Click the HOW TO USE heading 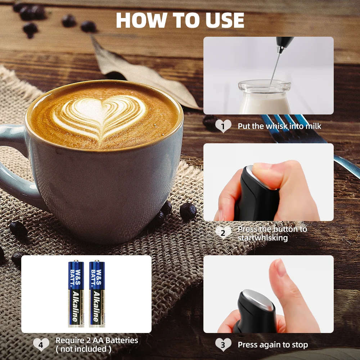(180, 21)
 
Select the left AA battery (76, 293)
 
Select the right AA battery (97, 293)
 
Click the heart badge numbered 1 (223, 126)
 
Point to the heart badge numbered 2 (223, 233)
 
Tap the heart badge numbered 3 (223, 345)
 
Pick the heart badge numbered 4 (41, 345)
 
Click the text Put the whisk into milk (279, 126)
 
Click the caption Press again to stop (273, 345)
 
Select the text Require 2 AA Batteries (97, 340)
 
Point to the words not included (84, 349)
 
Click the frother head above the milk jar (284, 42)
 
